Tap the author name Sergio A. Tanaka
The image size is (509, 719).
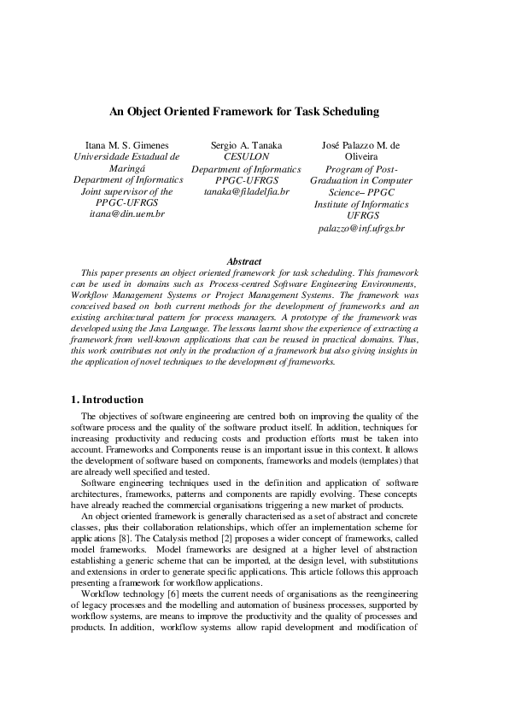pyautogui.click(x=246, y=146)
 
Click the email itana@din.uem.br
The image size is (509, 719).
pyautogui.click(x=126, y=213)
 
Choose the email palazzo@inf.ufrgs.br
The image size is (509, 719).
pyautogui.click(x=361, y=229)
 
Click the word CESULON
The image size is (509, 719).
pyautogui.click(x=246, y=157)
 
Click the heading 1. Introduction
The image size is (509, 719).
pyautogui.click(x=107, y=399)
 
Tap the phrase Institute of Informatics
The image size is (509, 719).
pyautogui.click(x=361, y=205)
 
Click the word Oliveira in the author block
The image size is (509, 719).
pyautogui.click(x=361, y=157)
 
